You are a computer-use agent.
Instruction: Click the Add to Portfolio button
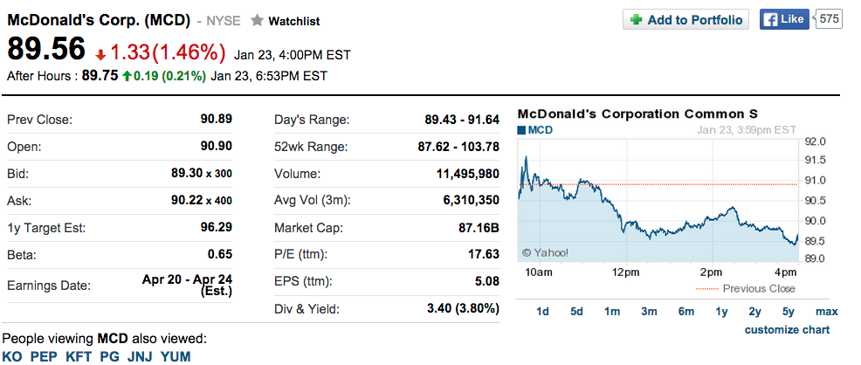(x=685, y=20)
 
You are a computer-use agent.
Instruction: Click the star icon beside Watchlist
(x=257, y=20)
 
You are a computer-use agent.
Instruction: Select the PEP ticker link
(x=44, y=356)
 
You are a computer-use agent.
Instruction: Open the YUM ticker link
(x=176, y=356)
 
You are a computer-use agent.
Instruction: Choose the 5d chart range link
(x=576, y=312)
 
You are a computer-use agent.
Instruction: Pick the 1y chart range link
(x=721, y=312)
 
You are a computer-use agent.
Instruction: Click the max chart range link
(x=826, y=312)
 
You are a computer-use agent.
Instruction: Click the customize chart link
(x=787, y=330)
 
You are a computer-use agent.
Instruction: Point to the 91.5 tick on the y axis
(x=816, y=161)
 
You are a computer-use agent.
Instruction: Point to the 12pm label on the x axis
(x=624, y=273)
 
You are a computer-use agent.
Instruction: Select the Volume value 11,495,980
(x=467, y=174)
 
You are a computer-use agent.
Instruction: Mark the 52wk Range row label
(x=311, y=147)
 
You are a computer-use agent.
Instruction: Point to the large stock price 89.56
(x=46, y=50)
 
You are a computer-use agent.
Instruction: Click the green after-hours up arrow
(x=127, y=77)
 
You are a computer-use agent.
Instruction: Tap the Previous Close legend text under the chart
(x=759, y=288)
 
